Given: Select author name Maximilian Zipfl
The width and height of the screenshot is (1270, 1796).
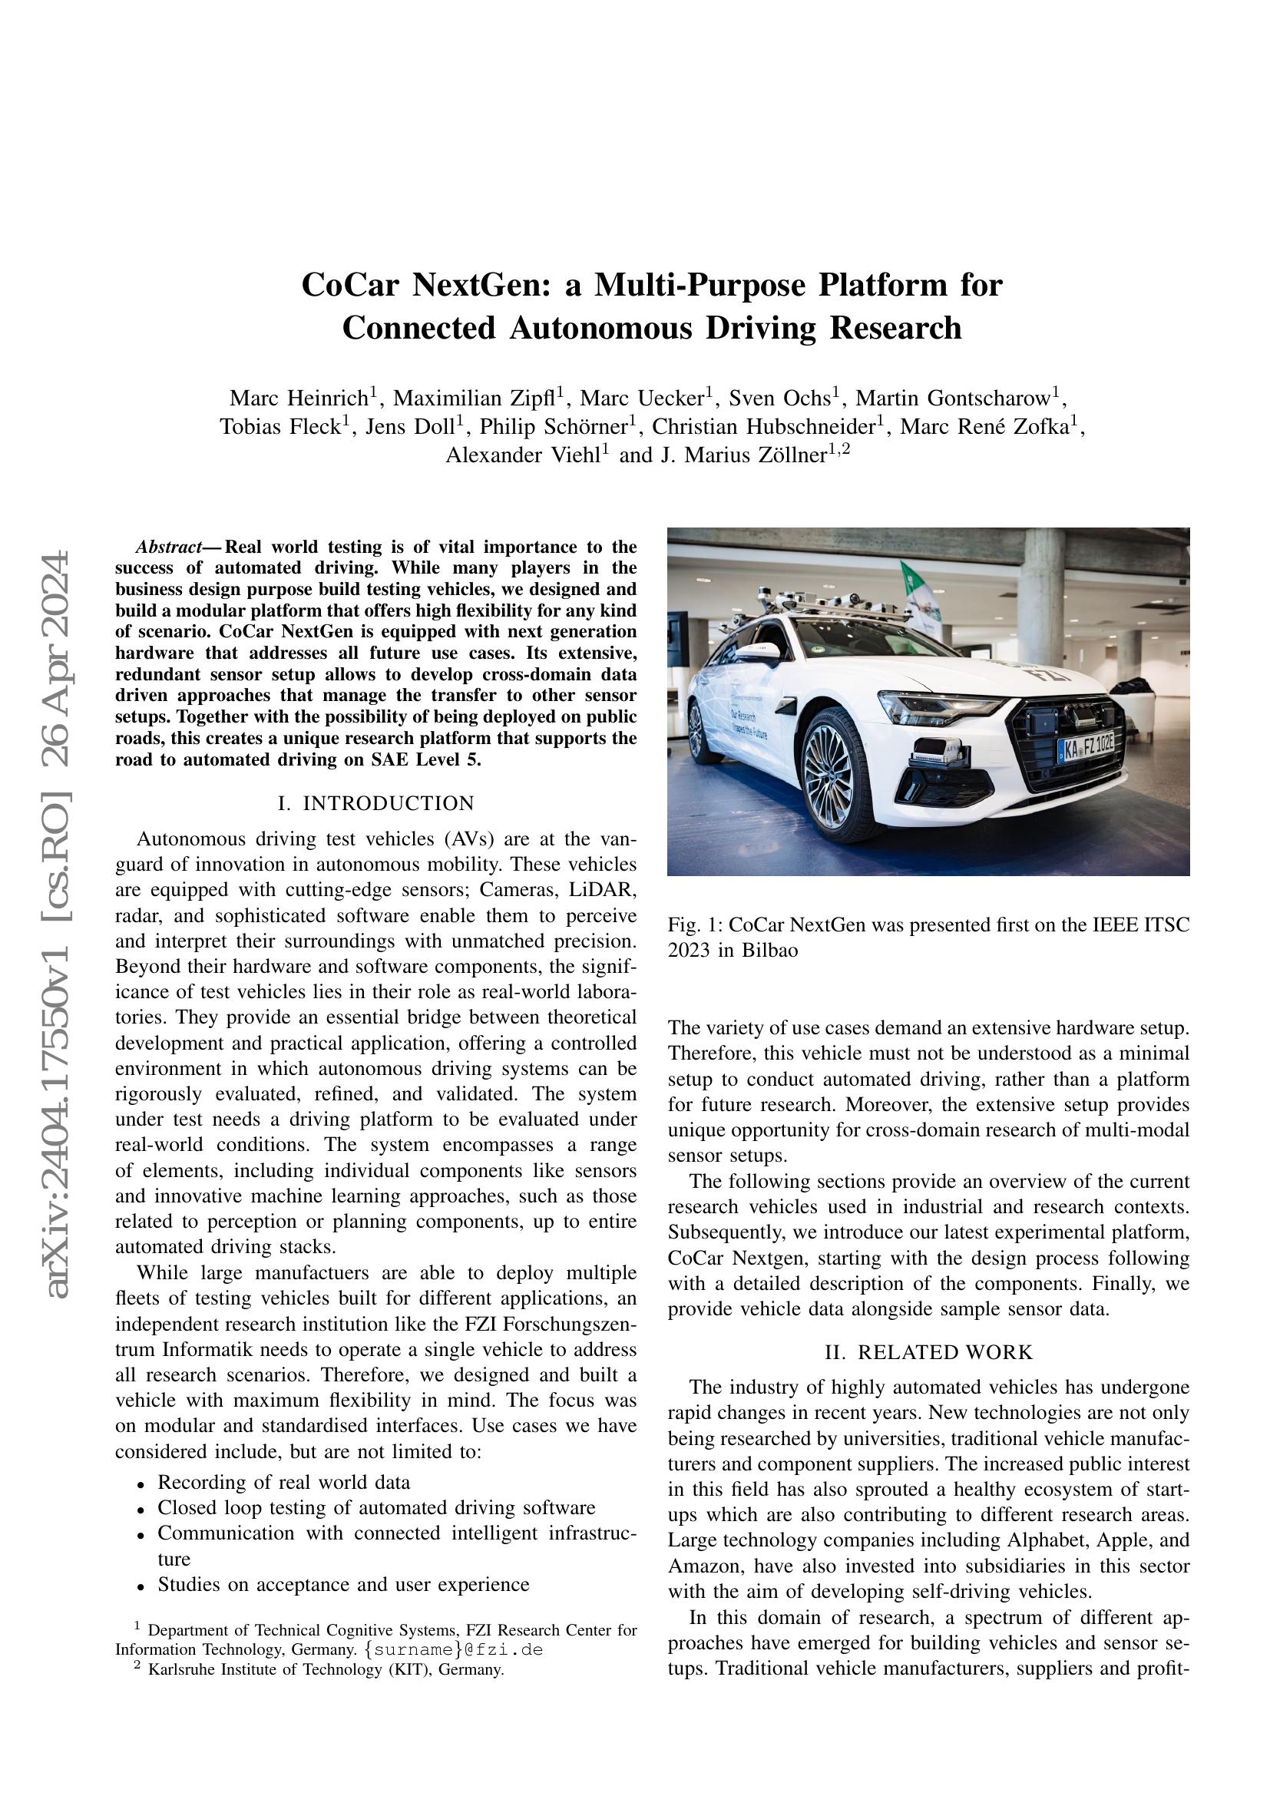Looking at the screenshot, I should pos(474,399).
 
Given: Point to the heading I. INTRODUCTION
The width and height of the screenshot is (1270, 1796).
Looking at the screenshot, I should pos(376,803).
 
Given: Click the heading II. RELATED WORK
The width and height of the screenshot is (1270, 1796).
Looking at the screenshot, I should pos(928,1352).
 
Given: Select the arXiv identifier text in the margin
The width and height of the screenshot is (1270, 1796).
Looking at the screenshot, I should pos(58,923).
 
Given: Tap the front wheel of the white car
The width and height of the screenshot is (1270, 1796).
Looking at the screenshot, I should pos(827,775).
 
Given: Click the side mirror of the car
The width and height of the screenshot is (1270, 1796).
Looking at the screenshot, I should pos(756,652).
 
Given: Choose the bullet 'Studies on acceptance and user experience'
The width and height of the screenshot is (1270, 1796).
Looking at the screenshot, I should pos(343,1584).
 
